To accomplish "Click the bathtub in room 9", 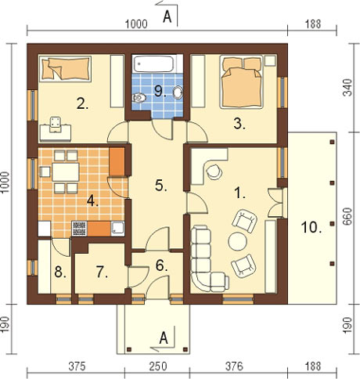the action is tap(153, 63).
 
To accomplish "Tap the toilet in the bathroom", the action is tap(139, 98).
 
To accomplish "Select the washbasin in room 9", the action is tap(178, 93).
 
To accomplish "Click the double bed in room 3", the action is tap(241, 81).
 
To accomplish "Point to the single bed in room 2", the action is tap(65, 69).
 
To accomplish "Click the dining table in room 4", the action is tap(66, 172).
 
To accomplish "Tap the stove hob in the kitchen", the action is tap(79, 229).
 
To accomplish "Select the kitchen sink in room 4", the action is tap(117, 229).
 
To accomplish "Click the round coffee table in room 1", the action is tap(237, 241).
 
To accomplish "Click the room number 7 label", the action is tap(102, 273).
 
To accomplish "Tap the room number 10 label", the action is tap(311, 228).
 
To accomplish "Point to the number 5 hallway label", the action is tap(160, 186).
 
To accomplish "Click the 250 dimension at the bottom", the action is tap(158, 366).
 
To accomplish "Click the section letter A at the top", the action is tap(167, 17).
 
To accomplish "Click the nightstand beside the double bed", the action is tap(270, 60).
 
